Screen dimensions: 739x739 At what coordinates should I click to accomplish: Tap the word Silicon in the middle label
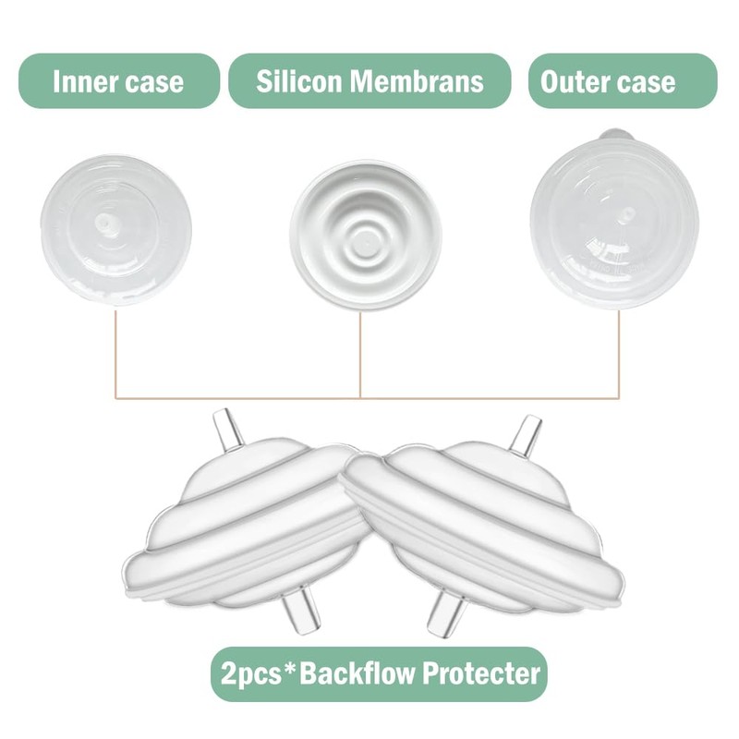coord(298,81)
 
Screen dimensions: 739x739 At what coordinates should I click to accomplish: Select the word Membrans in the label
coord(417,81)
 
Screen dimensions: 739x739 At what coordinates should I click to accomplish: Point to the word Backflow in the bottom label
coord(357,673)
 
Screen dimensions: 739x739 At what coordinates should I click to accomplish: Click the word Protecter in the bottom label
coord(481,673)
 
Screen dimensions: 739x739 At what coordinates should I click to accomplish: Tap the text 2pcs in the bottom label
coord(250,674)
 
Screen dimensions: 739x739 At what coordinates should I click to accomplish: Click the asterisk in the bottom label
coord(290,668)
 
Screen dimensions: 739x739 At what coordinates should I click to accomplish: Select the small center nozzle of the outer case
coord(625,216)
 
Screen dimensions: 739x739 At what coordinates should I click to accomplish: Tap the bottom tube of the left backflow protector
coord(302,613)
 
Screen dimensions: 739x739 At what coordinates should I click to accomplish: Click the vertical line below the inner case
coord(115,354)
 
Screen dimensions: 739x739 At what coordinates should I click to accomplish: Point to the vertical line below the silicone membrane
coord(360,355)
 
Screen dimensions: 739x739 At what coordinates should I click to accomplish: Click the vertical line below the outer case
coord(619,354)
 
